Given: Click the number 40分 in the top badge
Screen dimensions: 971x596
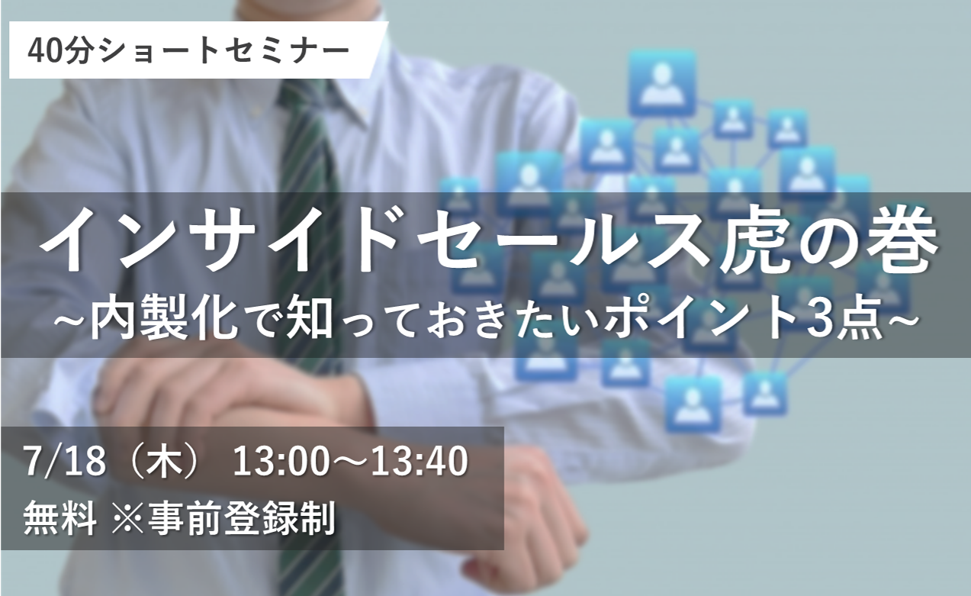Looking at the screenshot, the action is click(60, 51).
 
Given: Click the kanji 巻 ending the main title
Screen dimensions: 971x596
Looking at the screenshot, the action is click(893, 243).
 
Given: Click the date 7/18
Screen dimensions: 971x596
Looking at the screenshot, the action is click(65, 462).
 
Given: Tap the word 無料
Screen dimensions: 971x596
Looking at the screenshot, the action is click(59, 519).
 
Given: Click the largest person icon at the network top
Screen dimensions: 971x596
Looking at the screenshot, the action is click(663, 83).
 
